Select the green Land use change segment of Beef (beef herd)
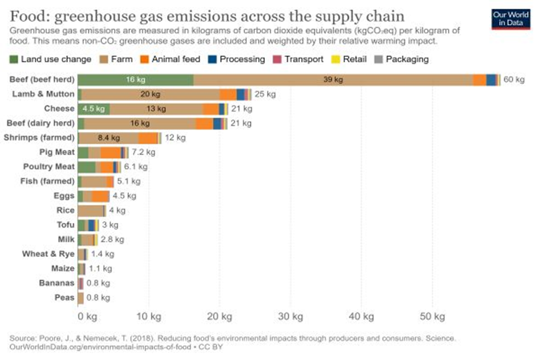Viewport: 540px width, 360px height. tap(135, 80)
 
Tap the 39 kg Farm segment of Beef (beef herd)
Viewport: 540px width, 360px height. tap(333, 80)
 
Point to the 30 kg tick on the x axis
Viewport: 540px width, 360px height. tap(291, 317)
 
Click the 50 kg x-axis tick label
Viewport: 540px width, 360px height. tap(432, 317)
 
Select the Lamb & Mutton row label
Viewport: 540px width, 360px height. tap(43, 94)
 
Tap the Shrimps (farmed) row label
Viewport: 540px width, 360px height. tap(39, 138)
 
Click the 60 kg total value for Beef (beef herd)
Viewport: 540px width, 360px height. tap(514, 80)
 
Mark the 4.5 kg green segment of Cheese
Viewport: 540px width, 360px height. tap(94, 109)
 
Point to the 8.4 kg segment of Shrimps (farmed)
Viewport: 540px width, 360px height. tap(108, 138)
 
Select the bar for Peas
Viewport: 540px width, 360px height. tap(81, 298)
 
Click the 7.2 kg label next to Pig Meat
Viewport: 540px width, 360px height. tap(143, 153)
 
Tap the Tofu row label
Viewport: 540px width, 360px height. tap(65, 225)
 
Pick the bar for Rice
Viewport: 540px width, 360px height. tap(91, 211)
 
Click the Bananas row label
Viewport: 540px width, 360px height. tap(56, 283)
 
